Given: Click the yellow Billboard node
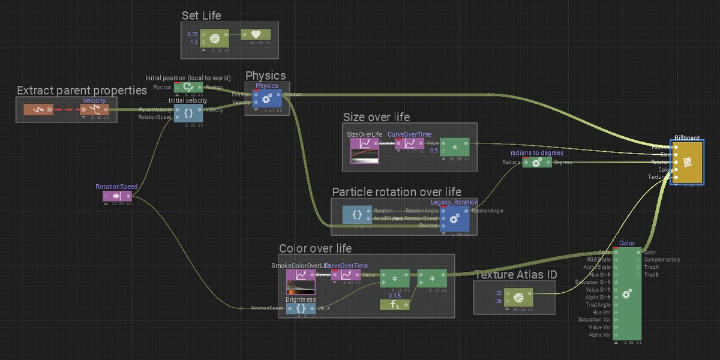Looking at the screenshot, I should coord(687,162).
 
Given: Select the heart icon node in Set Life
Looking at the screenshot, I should coord(256,35).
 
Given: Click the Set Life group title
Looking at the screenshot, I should coord(202,16).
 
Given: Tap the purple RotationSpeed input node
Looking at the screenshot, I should coord(116,196).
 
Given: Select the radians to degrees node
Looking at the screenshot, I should coord(537,162).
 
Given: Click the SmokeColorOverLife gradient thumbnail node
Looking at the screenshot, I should coord(301,281).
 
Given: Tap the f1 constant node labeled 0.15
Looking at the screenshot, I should coord(394,305).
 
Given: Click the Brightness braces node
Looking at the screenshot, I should coord(301,308).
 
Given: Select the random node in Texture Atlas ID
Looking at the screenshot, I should coord(519,297).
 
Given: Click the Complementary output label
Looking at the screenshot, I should coord(662,260).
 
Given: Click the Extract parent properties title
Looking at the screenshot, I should coord(82,91).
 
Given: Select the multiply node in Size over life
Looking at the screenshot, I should coord(455,147).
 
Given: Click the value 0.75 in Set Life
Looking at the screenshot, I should coord(193,35).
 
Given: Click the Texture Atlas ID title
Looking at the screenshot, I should coord(515,275).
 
